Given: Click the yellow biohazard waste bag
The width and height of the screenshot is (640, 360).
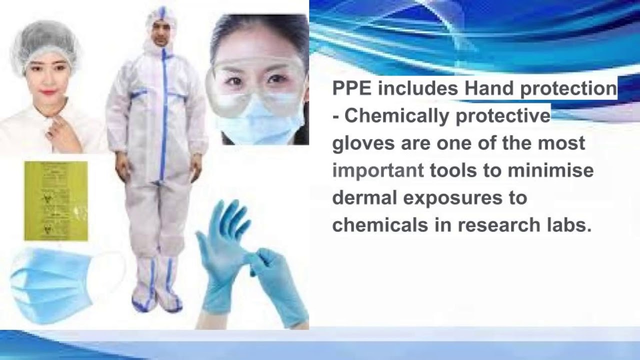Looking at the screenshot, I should point(56,200).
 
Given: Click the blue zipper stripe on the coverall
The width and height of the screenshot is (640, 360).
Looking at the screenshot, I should point(163,115).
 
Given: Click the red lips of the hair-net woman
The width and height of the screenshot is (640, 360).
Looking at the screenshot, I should point(48,92).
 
